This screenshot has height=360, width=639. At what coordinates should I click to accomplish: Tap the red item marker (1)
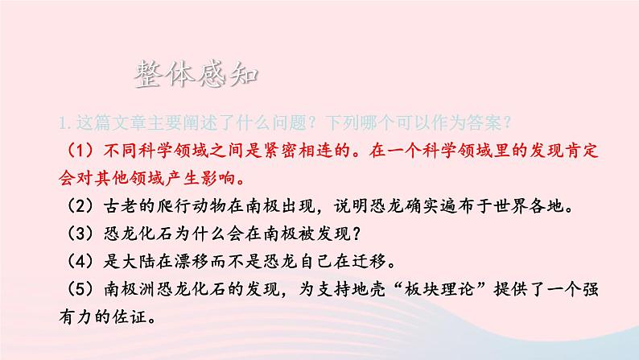(76, 151)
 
